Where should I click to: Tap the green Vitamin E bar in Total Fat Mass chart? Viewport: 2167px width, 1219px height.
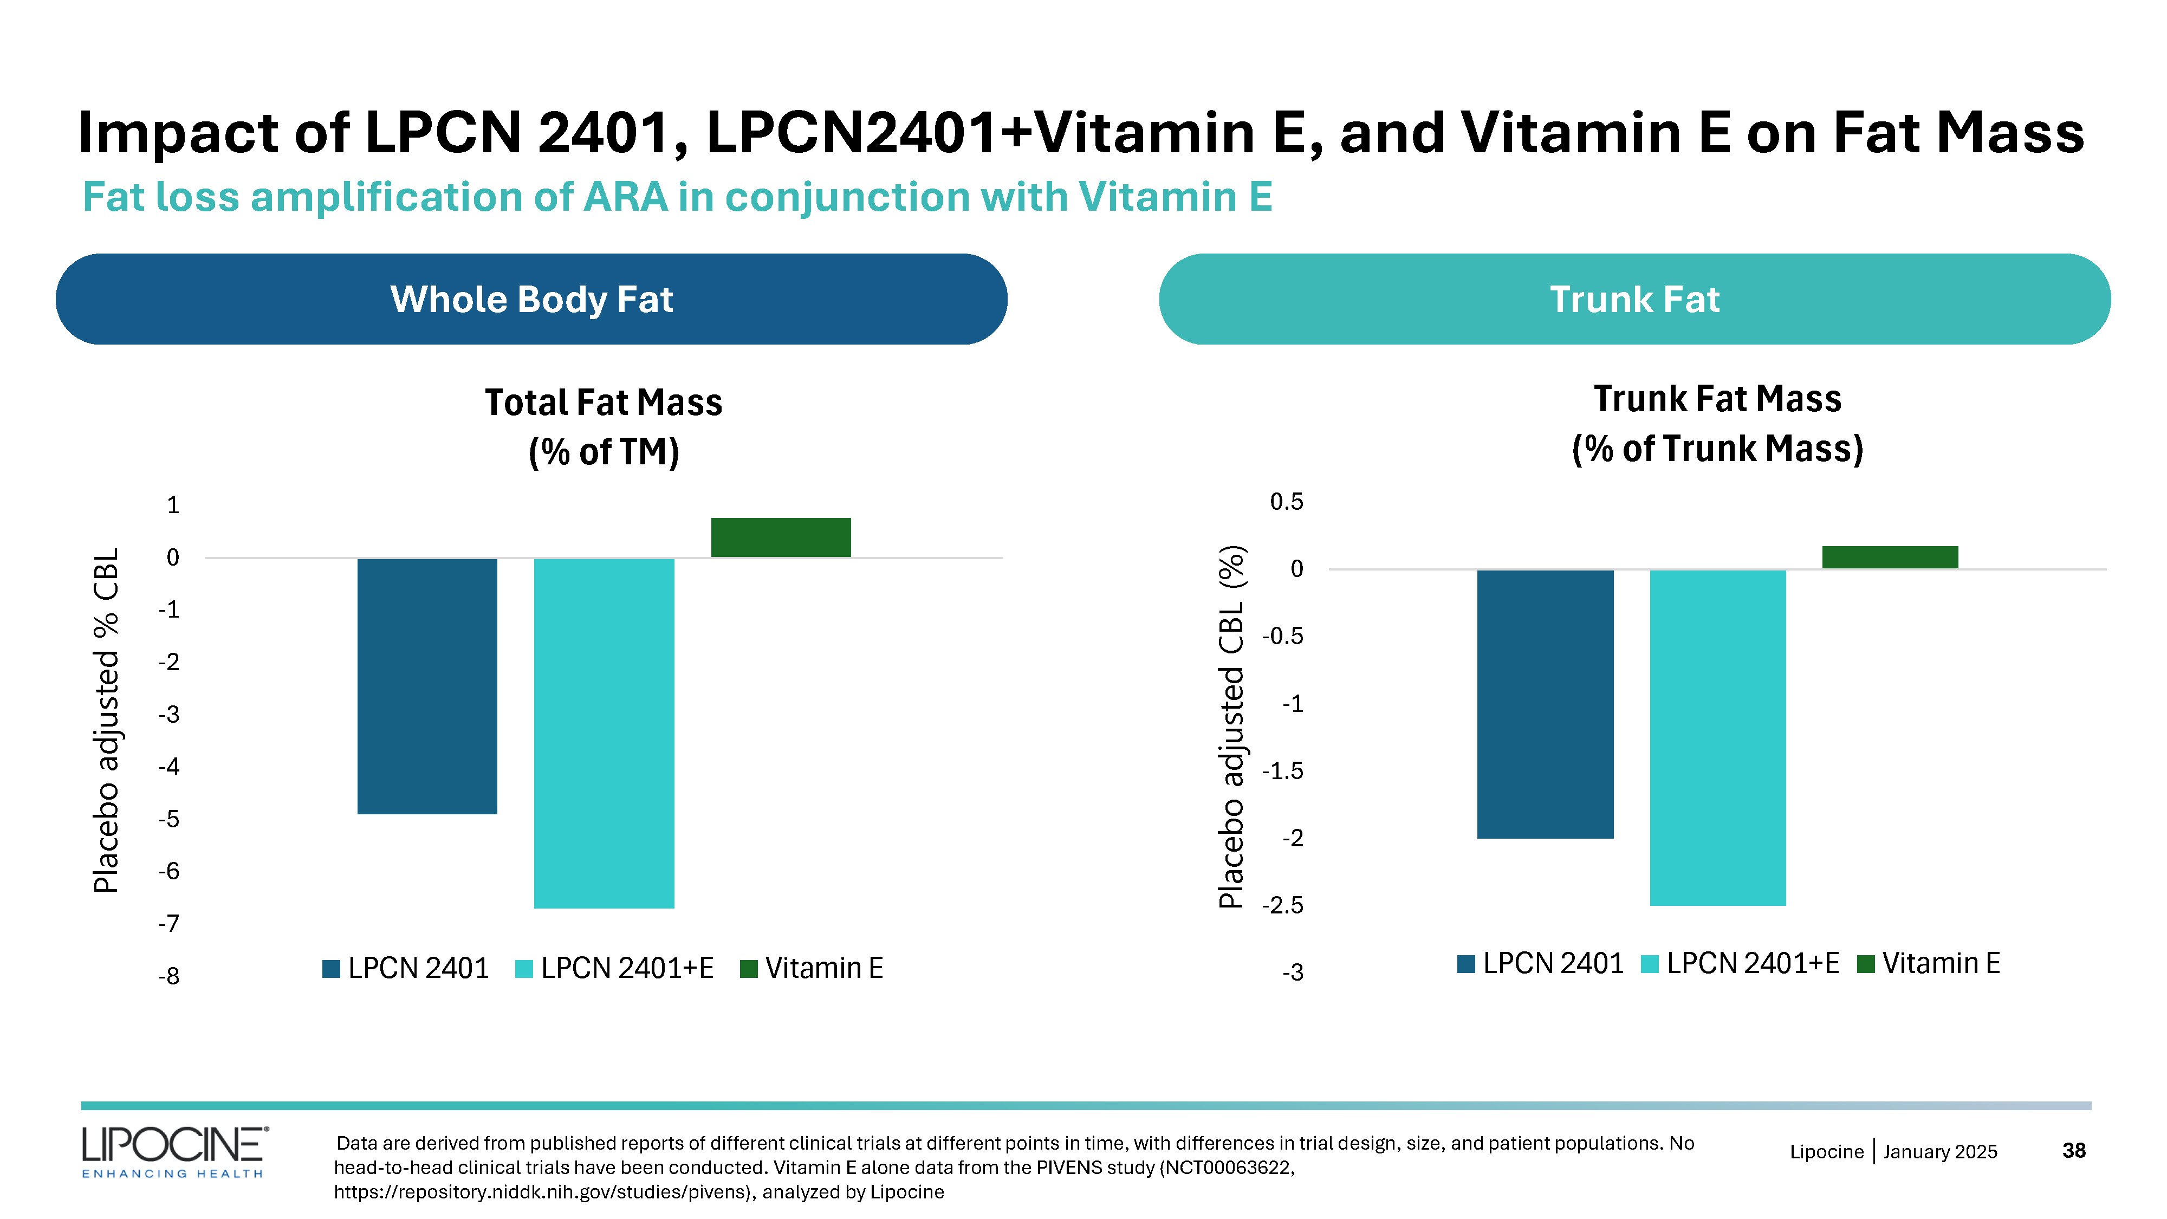coord(781,537)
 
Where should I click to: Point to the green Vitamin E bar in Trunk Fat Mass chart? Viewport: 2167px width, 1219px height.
coord(1890,557)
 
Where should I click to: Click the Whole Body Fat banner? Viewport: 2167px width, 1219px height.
coord(531,300)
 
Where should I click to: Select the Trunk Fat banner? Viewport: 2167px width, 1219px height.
coord(1634,300)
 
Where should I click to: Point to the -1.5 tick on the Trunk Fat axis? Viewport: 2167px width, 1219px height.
coord(1283,770)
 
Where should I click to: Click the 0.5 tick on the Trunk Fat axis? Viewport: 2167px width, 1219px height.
coord(1286,502)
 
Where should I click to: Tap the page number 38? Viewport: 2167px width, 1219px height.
coord(2074,1150)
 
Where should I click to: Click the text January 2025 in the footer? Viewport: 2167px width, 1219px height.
coord(1940,1152)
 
